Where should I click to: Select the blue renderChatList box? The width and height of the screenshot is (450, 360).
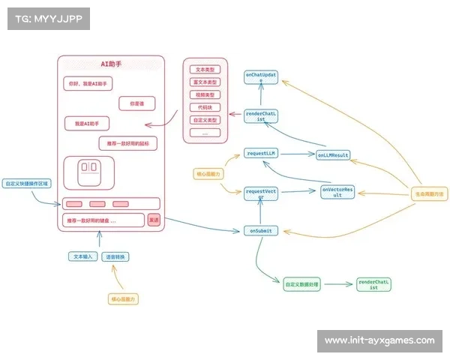[x=260, y=116]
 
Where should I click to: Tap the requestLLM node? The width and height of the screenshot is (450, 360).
[x=261, y=153]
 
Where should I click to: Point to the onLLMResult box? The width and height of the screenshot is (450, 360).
[x=332, y=155]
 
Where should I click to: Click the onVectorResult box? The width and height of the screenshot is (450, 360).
[x=337, y=191]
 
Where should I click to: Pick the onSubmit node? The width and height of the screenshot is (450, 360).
[x=260, y=230]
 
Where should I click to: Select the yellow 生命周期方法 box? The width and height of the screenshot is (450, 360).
[x=428, y=194]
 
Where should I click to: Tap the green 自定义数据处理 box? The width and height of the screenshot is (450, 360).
[x=302, y=285]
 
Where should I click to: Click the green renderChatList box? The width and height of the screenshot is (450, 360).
[x=374, y=284]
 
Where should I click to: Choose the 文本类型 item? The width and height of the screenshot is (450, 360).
[x=205, y=70]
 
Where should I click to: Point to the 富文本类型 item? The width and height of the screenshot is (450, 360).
[x=205, y=82]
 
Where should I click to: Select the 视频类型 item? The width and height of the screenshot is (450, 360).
[x=205, y=95]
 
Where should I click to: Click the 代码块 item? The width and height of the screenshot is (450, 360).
[x=205, y=107]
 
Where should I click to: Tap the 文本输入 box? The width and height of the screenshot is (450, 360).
[x=82, y=256]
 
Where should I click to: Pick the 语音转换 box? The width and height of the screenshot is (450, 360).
[x=115, y=256]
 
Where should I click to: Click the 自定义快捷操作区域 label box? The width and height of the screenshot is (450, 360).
[x=28, y=182]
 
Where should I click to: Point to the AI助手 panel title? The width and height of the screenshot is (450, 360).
[x=111, y=64]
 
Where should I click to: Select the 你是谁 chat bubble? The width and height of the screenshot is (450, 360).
[x=136, y=103]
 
